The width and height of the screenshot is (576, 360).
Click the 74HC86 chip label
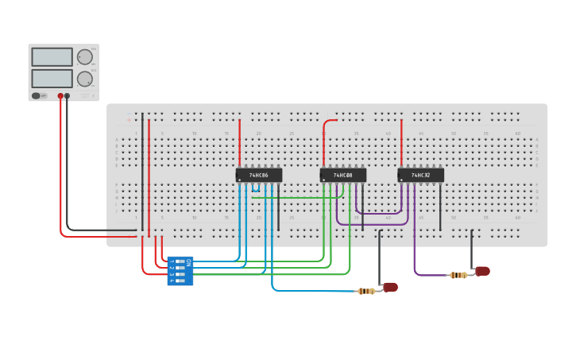258,175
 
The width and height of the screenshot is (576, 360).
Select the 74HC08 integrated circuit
343,175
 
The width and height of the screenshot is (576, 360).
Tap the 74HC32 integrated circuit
420,175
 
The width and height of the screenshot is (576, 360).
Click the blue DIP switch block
180,271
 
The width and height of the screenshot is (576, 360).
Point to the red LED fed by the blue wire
390,287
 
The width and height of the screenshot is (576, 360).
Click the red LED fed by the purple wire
482,271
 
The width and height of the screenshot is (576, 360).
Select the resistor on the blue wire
366,291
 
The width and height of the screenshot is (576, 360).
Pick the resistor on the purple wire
458,275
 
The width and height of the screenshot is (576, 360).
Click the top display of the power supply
52,57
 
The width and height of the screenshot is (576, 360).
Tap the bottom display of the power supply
52,79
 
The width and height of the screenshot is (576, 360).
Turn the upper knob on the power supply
84,56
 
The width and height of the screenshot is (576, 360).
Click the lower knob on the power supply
84,79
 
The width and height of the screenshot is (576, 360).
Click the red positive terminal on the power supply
60,96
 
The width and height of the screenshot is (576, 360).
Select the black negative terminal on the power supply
67,96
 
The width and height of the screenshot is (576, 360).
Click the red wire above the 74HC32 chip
401,143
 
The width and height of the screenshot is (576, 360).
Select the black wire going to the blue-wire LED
379,254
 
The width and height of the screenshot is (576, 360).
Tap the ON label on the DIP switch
188,261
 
